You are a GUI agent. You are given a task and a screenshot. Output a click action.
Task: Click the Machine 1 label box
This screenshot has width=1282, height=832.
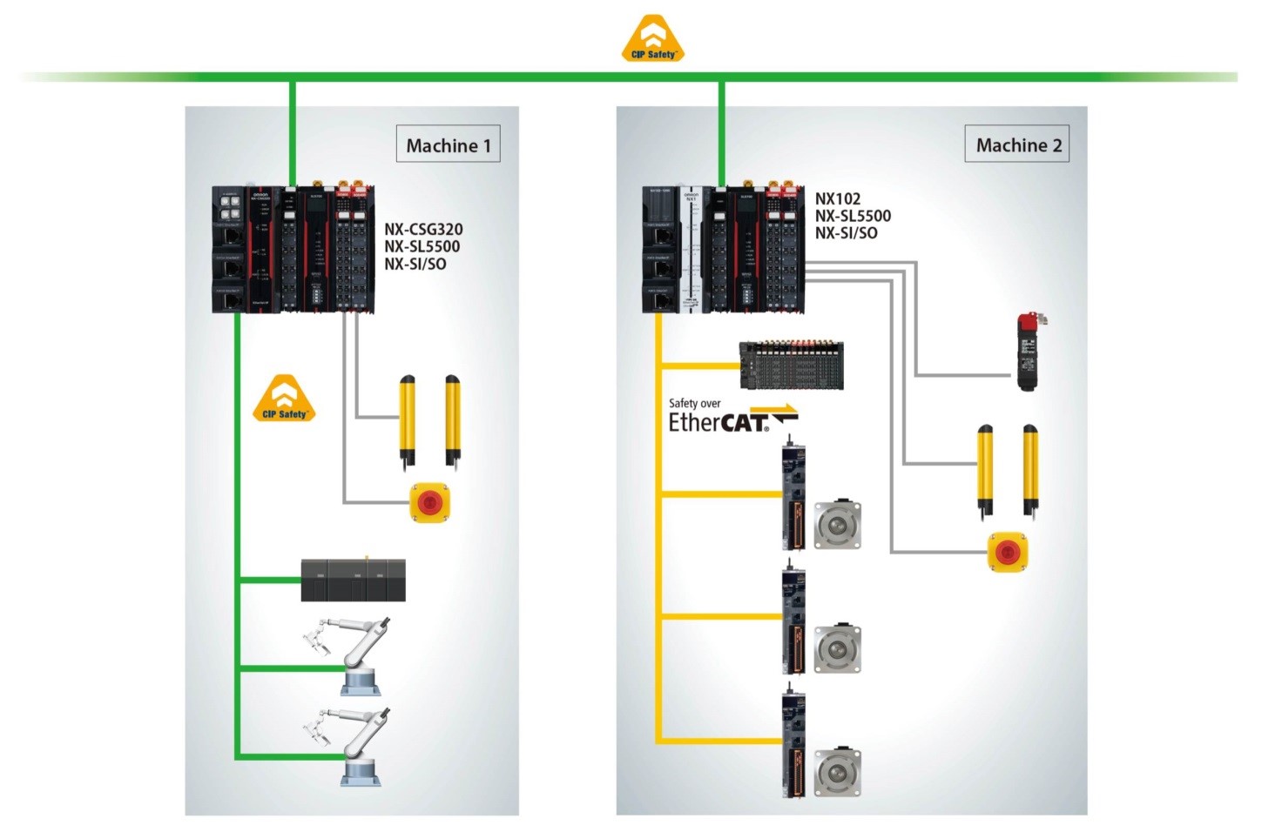tap(448, 144)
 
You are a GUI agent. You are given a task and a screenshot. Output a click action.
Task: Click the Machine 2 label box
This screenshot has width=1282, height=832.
tap(1017, 144)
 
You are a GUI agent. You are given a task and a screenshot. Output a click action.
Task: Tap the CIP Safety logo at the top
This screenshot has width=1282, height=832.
tap(653, 39)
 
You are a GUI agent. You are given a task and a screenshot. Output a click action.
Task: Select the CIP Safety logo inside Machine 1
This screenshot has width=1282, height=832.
tap(284, 399)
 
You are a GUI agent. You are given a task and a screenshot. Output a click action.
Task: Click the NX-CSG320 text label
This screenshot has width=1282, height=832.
tap(423, 230)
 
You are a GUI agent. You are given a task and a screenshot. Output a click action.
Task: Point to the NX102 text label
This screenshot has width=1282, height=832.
tap(838, 198)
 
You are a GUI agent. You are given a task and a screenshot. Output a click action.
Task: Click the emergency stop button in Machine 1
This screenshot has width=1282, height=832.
tap(430, 502)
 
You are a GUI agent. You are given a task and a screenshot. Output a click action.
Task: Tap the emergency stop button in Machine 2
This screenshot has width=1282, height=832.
tap(1008, 552)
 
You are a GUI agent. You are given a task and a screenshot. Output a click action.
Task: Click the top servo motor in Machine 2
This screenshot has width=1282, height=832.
tap(838, 525)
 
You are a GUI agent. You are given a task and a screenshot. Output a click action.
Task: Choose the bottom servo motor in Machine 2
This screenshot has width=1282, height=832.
tap(838, 771)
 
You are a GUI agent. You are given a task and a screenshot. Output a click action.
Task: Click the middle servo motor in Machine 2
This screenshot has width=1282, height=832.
tap(838, 648)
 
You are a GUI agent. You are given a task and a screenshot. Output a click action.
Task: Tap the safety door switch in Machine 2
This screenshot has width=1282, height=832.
tap(1032, 351)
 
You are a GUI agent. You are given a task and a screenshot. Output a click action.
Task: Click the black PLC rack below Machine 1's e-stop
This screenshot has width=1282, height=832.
tap(353, 580)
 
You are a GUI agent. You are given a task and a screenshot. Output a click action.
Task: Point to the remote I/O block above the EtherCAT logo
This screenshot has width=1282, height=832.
tap(791, 365)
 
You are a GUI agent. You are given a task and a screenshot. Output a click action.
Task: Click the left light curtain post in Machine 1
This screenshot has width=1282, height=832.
tap(407, 419)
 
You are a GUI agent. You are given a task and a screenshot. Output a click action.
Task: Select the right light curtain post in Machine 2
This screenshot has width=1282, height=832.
tap(1030, 470)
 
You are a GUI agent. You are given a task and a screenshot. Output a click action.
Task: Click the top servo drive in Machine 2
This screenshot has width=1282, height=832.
tap(793, 498)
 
